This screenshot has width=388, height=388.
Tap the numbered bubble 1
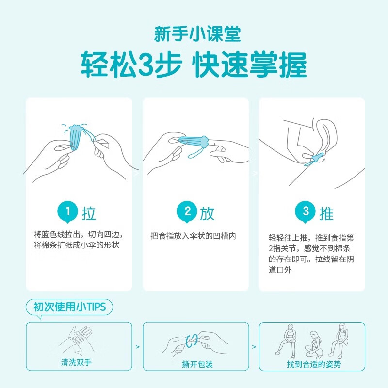(67, 211)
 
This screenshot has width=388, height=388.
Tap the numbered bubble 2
(184, 211)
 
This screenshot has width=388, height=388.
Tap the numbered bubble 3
(305, 211)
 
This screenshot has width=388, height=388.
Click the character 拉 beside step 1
(89, 213)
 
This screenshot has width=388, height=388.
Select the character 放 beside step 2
(206, 213)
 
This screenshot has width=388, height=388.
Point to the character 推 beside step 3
(326, 213)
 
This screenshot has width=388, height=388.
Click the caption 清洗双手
(78, 363)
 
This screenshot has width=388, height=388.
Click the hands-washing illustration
(79, 339)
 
